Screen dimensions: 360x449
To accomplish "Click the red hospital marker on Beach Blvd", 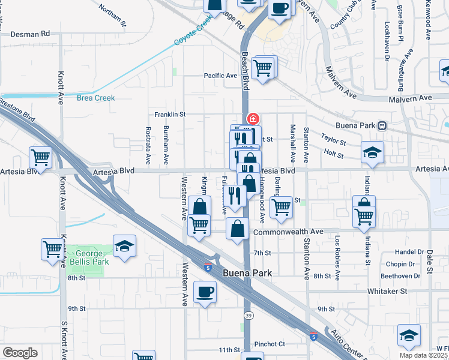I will [x=253, y=118].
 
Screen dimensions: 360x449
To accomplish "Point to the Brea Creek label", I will [x=95, y=98].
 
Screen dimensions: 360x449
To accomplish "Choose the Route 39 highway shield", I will [x=247, y=315].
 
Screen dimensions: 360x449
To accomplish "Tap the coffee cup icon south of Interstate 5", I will [x=205, y=291].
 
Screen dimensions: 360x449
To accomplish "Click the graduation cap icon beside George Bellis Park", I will [x=124, y=245].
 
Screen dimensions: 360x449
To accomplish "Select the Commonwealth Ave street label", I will [x=288, y=231].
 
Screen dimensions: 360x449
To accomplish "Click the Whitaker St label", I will [x=387, y=290].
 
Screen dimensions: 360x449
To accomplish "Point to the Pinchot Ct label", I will [x=269, y=344].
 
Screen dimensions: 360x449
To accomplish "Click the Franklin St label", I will [x=170, y=114].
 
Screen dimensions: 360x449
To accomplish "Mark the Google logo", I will [x=20, y=353].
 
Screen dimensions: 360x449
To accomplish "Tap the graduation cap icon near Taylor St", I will [x=372, y=152].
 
